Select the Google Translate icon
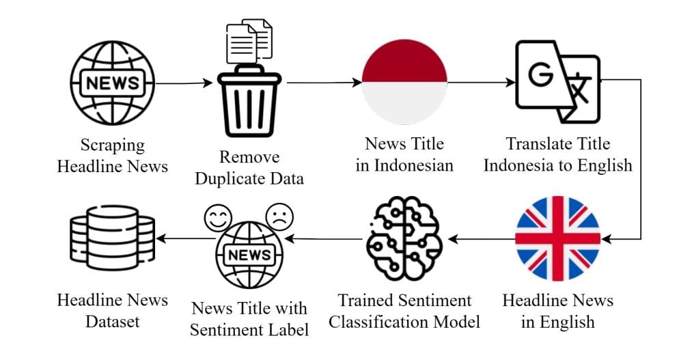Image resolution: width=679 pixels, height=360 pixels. point(557,81)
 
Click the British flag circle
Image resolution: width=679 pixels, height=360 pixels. point(557,238)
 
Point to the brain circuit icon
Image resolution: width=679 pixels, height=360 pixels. point(404,241)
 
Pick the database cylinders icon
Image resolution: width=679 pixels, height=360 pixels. point(113,240)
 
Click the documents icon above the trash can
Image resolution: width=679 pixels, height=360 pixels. point(249,40)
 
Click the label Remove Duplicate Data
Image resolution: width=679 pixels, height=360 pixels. point(249,168)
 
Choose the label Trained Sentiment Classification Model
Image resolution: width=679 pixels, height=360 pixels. point(404,311)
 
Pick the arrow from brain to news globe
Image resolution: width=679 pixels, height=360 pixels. point(324,239)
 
